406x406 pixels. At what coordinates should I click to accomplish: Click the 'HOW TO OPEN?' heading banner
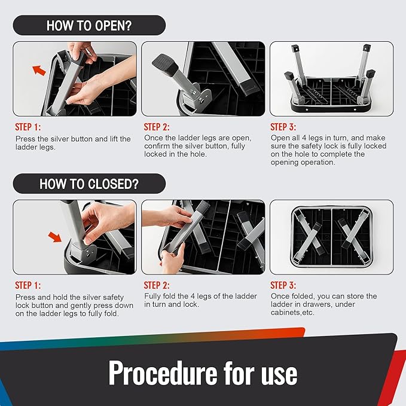pyautogui.click(x=89, y=25)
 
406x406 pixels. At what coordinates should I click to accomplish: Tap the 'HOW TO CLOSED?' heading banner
pyautogui.click(x=89, y=184)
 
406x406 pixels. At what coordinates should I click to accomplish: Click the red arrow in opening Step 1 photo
pyautogui.click(x=39, y=70)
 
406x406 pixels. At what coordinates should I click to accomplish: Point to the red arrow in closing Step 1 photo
pyautogui.click(x=55, y=237)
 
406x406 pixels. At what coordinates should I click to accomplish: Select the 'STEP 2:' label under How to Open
pyautogui.click(x=157, y=127)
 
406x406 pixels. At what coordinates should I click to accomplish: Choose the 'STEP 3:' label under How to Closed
pyautogui.click(x=283, y=285)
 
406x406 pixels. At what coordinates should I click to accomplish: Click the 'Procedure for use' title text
pyautogui.click(x=203, y=373)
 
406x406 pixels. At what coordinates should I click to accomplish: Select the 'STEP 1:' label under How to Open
pyautogui.click(x=28, y=127)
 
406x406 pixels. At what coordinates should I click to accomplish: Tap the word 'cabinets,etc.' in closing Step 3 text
pyautogui.click(x=292, y=313)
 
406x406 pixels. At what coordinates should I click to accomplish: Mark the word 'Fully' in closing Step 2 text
pyautogui.click(x=152, y=296)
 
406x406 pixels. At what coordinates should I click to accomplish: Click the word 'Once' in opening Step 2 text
pyautogui.click(x=152, y=138)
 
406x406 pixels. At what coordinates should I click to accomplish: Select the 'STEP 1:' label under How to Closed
pyautogui.click(x=28, y=285)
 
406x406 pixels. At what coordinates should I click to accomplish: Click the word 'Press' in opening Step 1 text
pyautogui.click(x=25, y=139)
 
